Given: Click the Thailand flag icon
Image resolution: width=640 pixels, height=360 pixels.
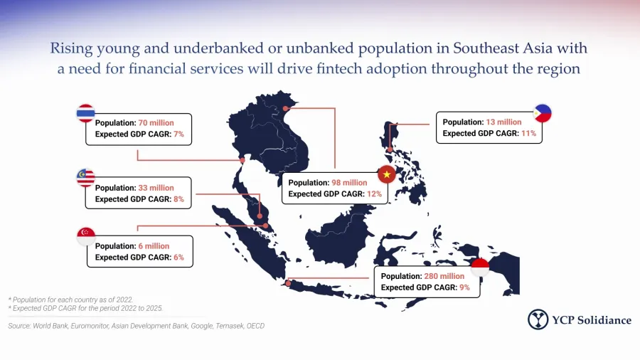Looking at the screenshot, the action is pos(86,113).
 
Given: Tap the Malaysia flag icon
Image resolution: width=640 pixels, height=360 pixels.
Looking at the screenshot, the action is pos(86,178).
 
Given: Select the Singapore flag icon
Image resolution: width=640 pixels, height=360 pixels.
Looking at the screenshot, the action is pos(86,236).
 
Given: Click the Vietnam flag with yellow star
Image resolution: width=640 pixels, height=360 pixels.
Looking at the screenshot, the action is pos(387,175).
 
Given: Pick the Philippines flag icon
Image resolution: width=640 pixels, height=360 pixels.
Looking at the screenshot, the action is pos(543,113).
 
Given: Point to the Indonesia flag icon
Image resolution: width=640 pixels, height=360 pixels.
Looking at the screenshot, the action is pos(479,267).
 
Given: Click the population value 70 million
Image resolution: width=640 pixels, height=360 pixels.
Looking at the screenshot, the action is pos(156,123).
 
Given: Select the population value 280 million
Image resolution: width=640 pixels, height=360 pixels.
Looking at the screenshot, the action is pos(444,276).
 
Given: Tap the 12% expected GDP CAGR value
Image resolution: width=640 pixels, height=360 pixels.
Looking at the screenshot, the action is pos(374,194).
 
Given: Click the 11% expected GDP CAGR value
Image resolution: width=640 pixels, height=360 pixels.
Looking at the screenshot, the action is pos(528,133).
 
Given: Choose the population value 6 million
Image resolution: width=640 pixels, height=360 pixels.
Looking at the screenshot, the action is pos(154,246).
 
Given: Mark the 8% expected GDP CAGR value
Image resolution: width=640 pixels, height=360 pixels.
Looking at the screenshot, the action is pos(178,199).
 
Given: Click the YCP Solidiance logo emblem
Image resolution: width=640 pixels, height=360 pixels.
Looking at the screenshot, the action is pos(538,319).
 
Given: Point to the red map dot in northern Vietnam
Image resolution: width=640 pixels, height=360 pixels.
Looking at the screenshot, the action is pos(285,109).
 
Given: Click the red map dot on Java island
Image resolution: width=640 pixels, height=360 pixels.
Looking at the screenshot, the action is pos(288,283).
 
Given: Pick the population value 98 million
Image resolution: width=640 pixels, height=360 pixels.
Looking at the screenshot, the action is pos(349,183).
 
